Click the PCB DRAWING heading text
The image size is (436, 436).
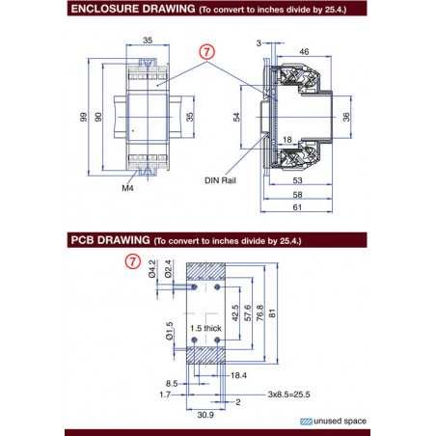[x=109, y=238]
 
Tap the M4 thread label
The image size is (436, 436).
[x=127, y=190]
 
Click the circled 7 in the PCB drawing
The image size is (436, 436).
[x=133, y=261]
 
